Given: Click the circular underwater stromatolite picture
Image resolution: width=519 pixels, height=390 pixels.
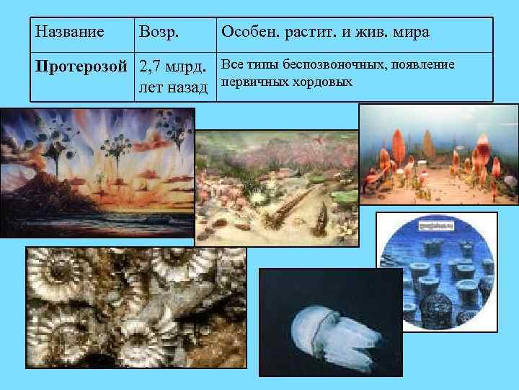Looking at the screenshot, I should pyautogui.click(x=439, y=271).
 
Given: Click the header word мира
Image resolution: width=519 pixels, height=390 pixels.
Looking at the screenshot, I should pyautogui.click(x=409, y=32).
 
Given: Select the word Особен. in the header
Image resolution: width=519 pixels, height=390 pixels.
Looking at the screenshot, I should pyautogui.click(x=250, y=32).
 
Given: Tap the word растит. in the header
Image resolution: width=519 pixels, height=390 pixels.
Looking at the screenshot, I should pyautogui.click(x=311, y=32).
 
